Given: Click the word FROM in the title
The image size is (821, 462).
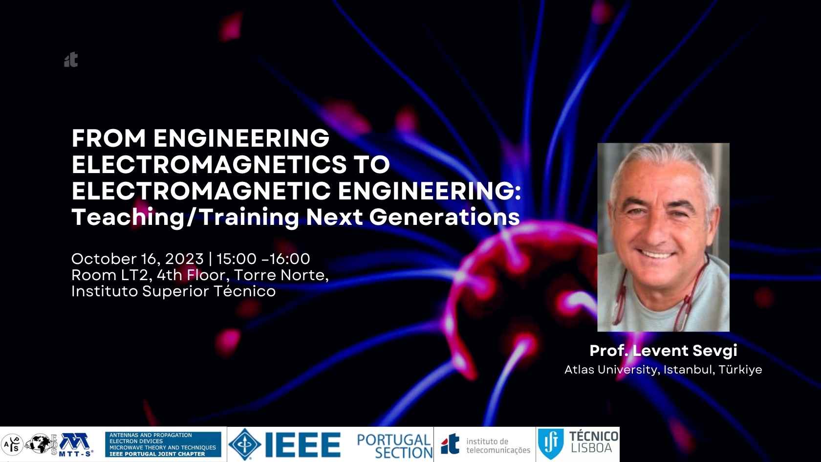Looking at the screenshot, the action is click(109, 138).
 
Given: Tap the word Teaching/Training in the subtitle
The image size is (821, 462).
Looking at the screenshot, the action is click(186, 217).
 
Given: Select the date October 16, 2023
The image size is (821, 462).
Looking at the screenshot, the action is click(137, 259).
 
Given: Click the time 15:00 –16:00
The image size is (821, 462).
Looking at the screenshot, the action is click(263, 259).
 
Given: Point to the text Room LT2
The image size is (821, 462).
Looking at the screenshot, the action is click(112, 275).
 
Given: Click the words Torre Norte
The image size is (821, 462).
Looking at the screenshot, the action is click(281, 275).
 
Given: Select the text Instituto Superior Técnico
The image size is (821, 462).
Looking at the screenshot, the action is click(173, 291).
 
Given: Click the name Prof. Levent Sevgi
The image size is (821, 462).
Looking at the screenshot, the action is click(664, 351).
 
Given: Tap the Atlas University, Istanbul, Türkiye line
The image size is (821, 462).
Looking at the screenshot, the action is click(664, 370).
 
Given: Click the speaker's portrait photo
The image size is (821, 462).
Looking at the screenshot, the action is click(664, 237).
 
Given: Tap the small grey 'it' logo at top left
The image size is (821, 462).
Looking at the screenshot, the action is click(71, 60).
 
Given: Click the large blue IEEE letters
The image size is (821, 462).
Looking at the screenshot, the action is click(303, 445).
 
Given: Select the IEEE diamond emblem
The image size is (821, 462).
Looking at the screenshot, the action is click(245, 444).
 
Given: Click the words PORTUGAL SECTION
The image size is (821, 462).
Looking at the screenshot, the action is click(395, 446).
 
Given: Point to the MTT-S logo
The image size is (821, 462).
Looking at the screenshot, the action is click(75, 445).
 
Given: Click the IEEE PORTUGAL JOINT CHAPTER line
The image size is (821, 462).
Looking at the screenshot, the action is click(157, 454).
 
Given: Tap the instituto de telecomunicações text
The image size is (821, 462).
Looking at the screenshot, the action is click(498, 445).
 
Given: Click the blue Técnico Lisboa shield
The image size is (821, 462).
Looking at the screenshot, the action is click(551, 444).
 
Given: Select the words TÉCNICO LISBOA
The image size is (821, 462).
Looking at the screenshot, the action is click(593, 442).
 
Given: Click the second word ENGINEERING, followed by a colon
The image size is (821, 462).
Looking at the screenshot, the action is click(429, 191).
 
